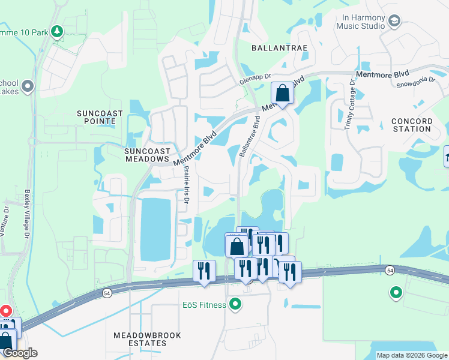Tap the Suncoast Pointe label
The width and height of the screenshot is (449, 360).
pyautogui.click(x=100, y=118)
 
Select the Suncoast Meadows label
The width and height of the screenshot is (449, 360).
pyautogui.click(x=147, y=155)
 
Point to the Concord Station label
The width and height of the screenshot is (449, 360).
pyautogui.click(x=412, y=125)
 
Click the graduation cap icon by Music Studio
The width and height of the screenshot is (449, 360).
pyautogui.click(x=394, y=22)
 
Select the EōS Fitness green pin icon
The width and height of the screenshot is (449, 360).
pyautogui.click(x=235, y=305)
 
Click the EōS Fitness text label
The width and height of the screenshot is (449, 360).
pyautogui.click(x=204, y=305)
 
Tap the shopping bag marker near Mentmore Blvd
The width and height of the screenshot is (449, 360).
pyautogui.click(x=282, y=94)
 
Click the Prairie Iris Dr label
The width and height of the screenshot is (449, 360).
pyautogui.click(x=186, y=185)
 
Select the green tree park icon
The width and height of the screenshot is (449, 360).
pyautogui.click(x=57, y=31)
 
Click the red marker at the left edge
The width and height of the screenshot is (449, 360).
pyautogui.click(x=5, y=311)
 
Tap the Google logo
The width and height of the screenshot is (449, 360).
pyautogui.click(x=19, y=353)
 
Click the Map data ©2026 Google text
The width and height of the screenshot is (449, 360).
pyautogui.click(x=412, y=355)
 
